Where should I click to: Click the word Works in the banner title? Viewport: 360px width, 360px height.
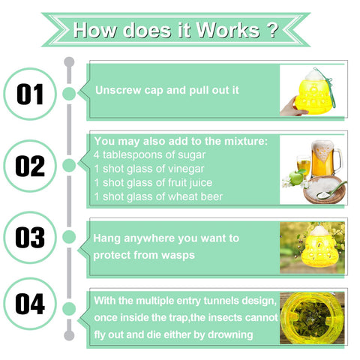click(228, 30)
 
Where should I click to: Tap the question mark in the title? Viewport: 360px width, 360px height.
click(272, 29)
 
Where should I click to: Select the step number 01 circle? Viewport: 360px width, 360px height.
click(30, 94)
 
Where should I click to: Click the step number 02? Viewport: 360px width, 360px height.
click(30, 166)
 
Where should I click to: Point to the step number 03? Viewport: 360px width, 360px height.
click(30, 238)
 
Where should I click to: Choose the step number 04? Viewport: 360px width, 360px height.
click(30, 304)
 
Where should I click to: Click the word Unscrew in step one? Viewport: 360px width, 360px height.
click(118, 90)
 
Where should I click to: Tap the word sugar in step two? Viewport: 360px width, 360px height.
click(191, 155)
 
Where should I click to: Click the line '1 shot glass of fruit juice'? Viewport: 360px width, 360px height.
click(153, 183)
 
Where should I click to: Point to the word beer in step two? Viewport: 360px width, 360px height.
click(211, 196)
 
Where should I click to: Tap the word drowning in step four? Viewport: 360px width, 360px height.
click(230, 334)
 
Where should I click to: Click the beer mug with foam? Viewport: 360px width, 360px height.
click(325, 159)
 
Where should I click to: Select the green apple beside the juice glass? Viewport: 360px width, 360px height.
click(296, 178)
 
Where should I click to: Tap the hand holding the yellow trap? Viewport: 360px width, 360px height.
click(292, 107)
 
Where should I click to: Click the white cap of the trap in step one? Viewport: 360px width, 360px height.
click(313, 74)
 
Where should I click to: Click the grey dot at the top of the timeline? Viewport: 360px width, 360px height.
click(69, 62)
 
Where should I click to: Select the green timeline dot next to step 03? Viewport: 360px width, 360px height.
click(69, 237)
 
